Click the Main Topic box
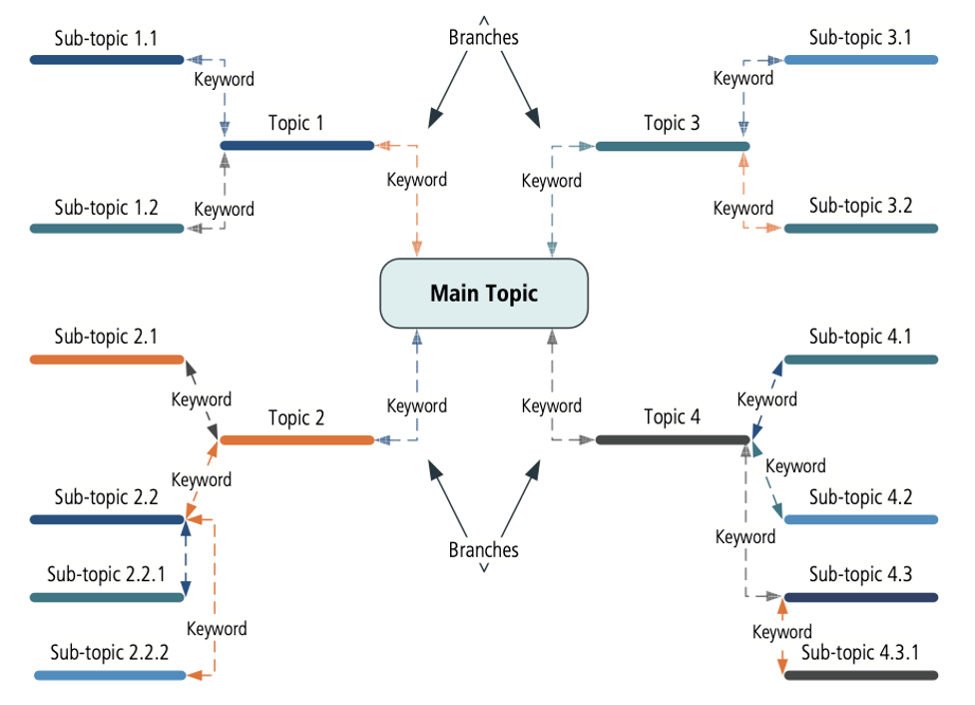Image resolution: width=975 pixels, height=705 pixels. (484, 294)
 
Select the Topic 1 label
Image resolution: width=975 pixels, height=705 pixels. (295, 124)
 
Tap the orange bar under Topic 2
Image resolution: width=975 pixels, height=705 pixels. (296, 440)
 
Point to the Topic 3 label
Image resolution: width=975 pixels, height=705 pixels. (672, 124)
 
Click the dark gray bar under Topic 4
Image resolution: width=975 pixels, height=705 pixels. (672, 440)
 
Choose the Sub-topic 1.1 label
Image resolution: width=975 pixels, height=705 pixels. (106, 40)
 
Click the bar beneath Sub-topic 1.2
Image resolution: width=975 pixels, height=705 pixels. (107, 229)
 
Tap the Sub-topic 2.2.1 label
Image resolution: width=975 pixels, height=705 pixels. (106, 575)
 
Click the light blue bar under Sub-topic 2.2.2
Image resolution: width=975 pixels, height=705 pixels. (110, 676)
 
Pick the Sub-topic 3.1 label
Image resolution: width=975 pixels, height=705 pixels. (860, 39)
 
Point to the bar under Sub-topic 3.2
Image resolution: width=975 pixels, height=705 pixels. (860, 229)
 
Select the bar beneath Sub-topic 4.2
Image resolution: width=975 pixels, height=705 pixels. (860, 519)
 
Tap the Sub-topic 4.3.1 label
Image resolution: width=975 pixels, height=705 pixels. (860, 653)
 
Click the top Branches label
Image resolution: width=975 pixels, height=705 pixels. (484, 38)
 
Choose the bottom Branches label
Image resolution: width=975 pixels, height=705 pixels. (484, 550)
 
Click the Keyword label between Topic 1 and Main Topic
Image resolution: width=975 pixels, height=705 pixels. (416, 180)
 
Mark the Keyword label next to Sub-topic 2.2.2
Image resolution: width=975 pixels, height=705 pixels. (217, 629)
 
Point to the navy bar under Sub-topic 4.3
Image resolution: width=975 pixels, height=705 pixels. (860, 598)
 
